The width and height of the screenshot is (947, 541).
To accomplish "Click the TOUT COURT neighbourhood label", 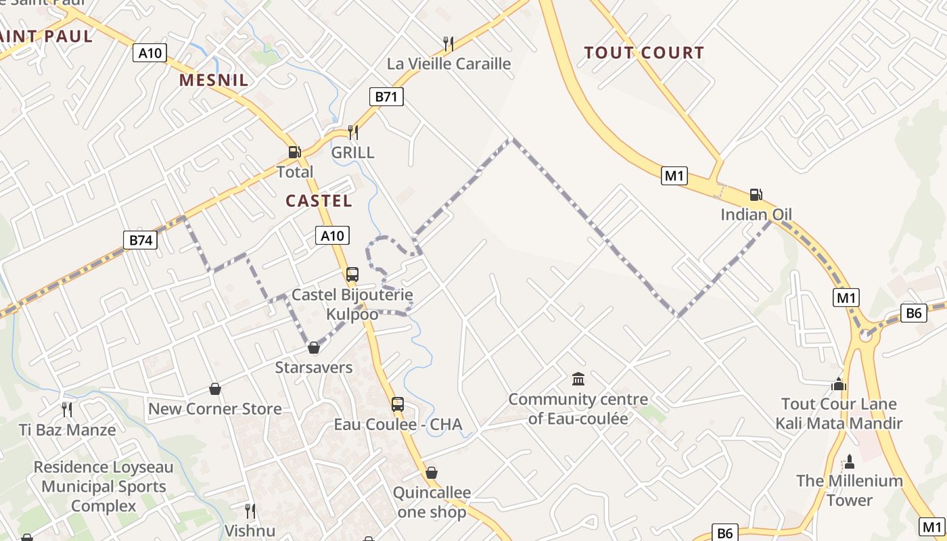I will tap(643, 53).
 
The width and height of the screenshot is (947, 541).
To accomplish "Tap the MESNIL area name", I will tap(213, 80).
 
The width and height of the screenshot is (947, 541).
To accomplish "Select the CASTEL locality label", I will tap(319, 201).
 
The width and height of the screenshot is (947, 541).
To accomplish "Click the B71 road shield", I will tap(386, 97).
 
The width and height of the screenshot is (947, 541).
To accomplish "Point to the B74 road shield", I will tap(140, 239).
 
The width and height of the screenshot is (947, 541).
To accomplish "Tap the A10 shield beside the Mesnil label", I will tap(149, 53).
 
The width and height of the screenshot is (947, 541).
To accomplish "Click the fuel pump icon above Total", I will tap(294, 152).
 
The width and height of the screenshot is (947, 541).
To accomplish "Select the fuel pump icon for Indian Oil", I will tap(756, 195).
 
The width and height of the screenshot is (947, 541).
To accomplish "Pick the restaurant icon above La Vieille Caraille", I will tap(448, 44).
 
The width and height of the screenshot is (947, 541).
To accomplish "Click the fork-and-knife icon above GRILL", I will tap(352, 132).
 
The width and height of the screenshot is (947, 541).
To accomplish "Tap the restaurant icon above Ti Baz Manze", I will tap(67, 409).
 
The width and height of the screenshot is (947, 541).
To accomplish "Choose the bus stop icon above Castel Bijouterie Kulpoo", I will tap(352, 275).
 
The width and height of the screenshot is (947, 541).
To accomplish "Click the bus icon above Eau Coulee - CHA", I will tap(398, 404).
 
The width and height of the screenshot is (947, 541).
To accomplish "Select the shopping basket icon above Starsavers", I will tap(313, 348).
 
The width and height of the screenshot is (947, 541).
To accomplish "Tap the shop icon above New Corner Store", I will tap(215, 389).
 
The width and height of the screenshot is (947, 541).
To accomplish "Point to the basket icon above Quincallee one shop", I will tap(432, 473).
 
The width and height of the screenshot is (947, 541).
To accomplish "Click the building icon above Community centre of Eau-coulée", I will tap(578, 379).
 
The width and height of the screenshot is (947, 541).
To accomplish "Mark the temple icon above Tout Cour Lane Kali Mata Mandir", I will tap(839, 384).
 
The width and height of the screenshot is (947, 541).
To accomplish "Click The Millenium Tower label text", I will tap(849, 490).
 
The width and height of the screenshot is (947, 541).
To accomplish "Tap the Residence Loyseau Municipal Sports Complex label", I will tap(103, 486).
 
